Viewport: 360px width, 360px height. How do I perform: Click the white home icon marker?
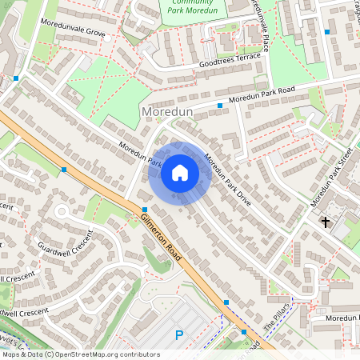pos(180,173)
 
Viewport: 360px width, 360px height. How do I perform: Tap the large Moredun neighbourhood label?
pos(166,112)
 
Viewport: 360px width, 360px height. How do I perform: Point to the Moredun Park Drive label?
pos(229,180)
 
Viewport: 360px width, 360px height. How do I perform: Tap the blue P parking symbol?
pos(179,336)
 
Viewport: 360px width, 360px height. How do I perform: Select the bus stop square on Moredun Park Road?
pos(220,105)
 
